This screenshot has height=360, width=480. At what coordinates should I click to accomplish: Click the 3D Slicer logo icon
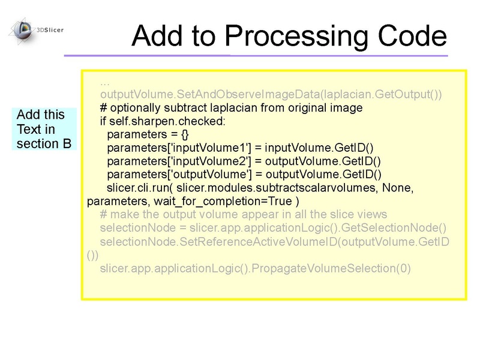(22, 31)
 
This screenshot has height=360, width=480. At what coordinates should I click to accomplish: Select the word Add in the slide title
(158, 35)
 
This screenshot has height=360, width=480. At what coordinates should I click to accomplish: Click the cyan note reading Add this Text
(44, 129)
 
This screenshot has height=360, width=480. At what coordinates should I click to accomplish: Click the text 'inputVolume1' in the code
(210, 148)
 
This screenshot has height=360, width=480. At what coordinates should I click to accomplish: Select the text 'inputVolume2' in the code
(211, 161)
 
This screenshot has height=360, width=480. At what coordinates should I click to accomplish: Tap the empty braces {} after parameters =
(185, 134)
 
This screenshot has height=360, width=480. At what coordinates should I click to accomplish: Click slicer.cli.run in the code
(138, 188)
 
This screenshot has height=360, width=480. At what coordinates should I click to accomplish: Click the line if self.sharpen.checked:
(163, 122)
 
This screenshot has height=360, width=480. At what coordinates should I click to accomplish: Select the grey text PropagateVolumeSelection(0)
(331, 268)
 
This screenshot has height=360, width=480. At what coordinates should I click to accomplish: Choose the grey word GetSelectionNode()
(394, 228)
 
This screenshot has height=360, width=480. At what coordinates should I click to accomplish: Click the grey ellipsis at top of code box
(104, 83)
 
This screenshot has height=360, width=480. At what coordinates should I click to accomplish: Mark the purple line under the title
(256, 56)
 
